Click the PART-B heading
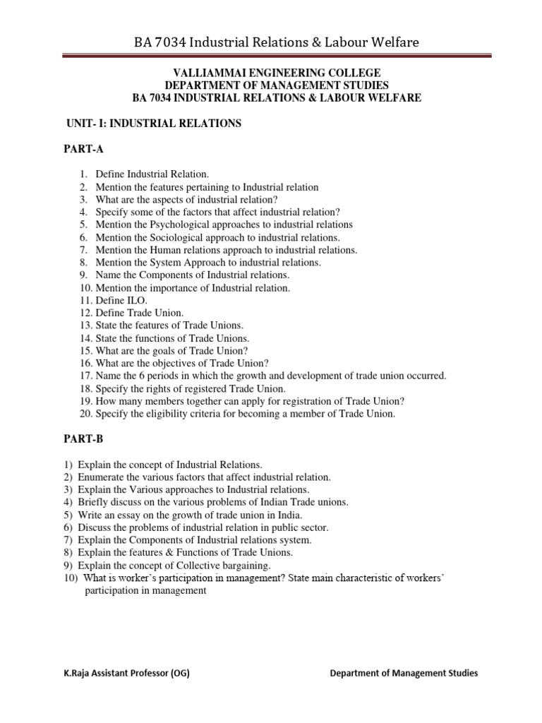tap(84, 438)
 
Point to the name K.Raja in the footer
tap(78, 674)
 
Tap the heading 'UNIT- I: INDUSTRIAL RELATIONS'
tap(153, 124)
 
